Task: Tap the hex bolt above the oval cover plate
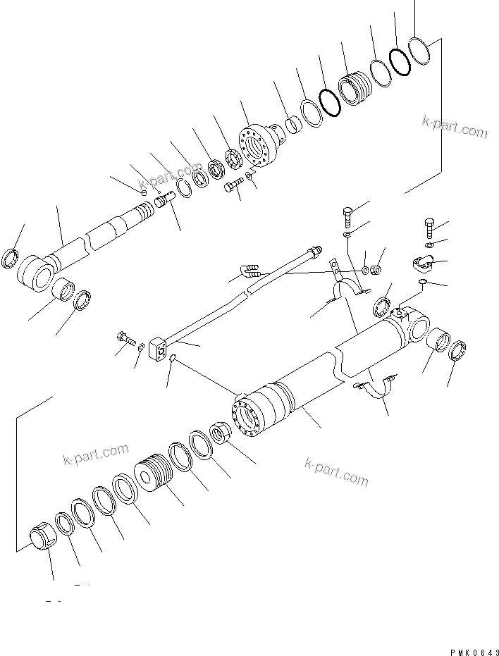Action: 429,228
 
